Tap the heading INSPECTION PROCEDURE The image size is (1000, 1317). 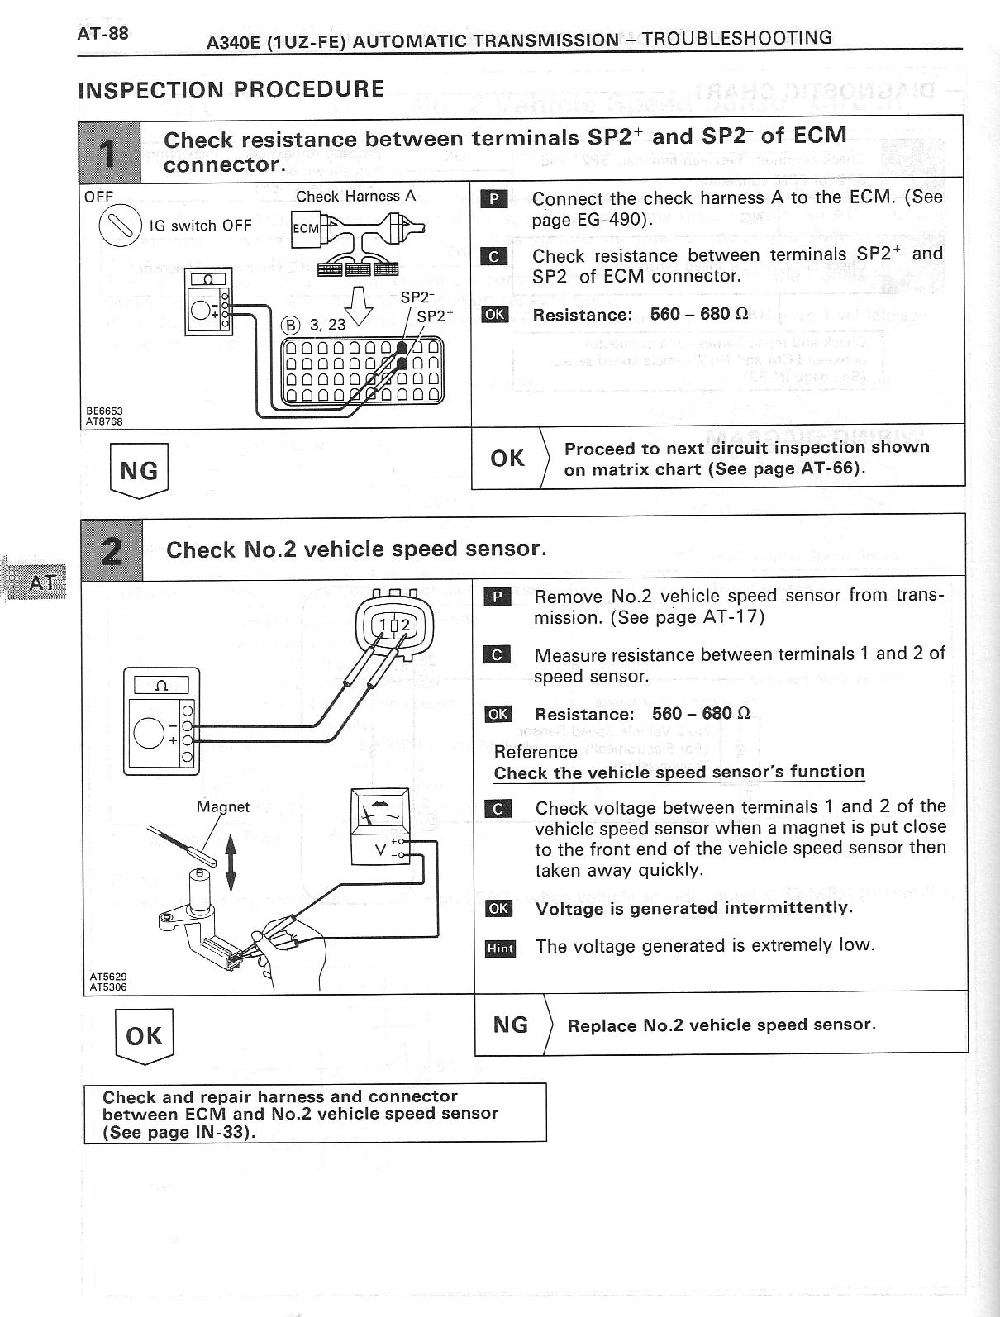point(231,89)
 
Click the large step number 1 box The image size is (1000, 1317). point(110,151)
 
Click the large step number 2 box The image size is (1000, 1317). point(112,549)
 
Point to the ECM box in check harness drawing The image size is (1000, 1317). point(305,229)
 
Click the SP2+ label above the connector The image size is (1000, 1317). point(435,316)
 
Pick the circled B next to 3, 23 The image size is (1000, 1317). point(290,325)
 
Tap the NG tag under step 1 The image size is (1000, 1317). point(139,470)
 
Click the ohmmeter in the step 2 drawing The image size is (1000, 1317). point(161,720)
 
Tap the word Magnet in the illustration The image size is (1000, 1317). point(223,806)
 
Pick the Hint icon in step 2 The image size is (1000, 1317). point(500,948)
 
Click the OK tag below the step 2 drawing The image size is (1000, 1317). point(144,1036)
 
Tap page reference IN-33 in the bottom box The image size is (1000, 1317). point(223,1132)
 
